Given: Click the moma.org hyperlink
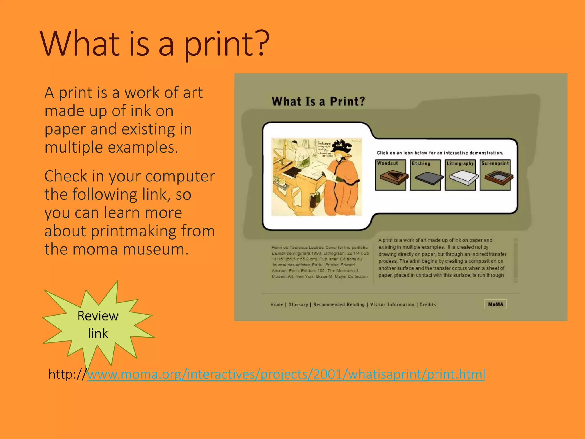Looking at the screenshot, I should [x=286, y=374].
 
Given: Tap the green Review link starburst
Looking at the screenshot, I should [x=98, y=324].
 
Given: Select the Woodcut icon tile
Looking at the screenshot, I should [x=390, y=175].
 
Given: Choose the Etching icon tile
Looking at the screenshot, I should [x=425, y=175].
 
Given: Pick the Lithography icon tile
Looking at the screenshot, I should [x=460, y=175].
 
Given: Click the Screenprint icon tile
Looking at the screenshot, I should [x=495, y=175].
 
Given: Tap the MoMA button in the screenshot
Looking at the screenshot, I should [x=496, y=304].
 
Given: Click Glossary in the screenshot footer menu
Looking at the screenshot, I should [x=298, y=305].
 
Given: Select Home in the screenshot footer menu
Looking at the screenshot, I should [x=277, y=305].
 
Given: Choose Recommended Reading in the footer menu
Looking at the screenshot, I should [x=339, y=305].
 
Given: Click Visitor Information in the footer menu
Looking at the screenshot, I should [x=392, y=305].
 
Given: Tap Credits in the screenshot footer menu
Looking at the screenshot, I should [x=428, y=305].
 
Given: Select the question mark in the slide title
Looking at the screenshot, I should [x=261, y=43].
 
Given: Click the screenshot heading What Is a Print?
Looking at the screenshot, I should [x=318, y=101].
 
